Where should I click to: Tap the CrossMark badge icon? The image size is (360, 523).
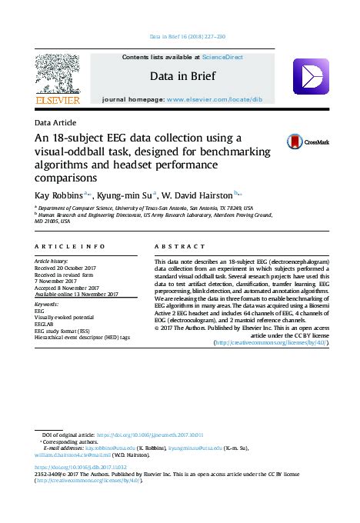tap(295, 142)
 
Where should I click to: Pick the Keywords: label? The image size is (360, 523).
tap(48, 305)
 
